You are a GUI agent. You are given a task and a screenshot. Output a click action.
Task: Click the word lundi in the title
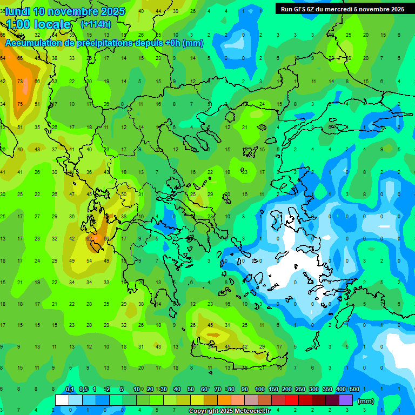click(18, 11)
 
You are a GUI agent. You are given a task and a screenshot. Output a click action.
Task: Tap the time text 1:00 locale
click(38, 24)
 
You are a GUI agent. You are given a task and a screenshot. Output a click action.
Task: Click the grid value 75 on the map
click(20, 104)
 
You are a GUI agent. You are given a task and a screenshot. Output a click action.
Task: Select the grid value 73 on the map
click(20, 82)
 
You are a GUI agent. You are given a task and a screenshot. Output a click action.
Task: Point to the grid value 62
click(89, 238)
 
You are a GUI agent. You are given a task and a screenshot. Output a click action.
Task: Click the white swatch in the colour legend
click(62, 400)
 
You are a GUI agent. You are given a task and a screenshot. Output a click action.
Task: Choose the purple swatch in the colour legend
click(346, 400)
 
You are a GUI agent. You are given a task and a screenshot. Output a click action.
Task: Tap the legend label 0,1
click(70, 390)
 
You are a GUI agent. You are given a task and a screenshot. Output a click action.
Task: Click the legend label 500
click(354, 390)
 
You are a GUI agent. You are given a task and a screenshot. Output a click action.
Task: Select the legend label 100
click(260, 390)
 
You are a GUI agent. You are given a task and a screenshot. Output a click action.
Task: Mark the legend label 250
click(300, 390)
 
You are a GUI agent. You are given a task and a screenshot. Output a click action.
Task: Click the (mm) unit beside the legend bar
click(366, 401)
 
